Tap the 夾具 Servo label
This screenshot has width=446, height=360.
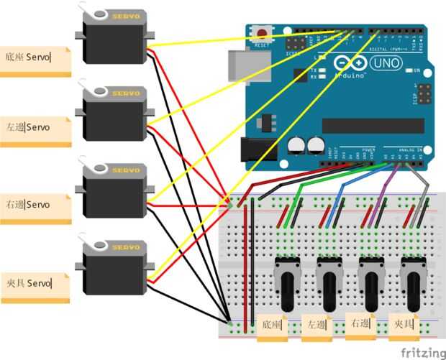point(35,283)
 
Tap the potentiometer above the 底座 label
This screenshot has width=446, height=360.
point(286,280)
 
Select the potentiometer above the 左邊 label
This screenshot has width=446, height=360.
point(328,280)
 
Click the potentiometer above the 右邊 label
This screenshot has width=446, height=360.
point(370,280)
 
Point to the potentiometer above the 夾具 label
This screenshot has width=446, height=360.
point(412,280)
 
